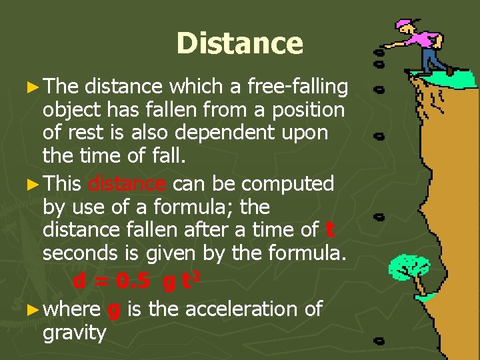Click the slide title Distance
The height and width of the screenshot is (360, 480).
(x=239, y=44)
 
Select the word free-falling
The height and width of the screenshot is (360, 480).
(x=297, y=87)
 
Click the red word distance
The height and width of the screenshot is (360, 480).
(x=127, y=183)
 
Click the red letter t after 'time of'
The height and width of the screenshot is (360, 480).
(x=329, y=230)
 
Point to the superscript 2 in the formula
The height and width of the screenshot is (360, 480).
(x=195, y=275)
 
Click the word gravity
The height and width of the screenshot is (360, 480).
(x=74, y=333)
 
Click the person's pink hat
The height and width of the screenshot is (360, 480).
(x=405, y=25)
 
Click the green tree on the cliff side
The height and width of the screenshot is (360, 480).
(x=410, y=267)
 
